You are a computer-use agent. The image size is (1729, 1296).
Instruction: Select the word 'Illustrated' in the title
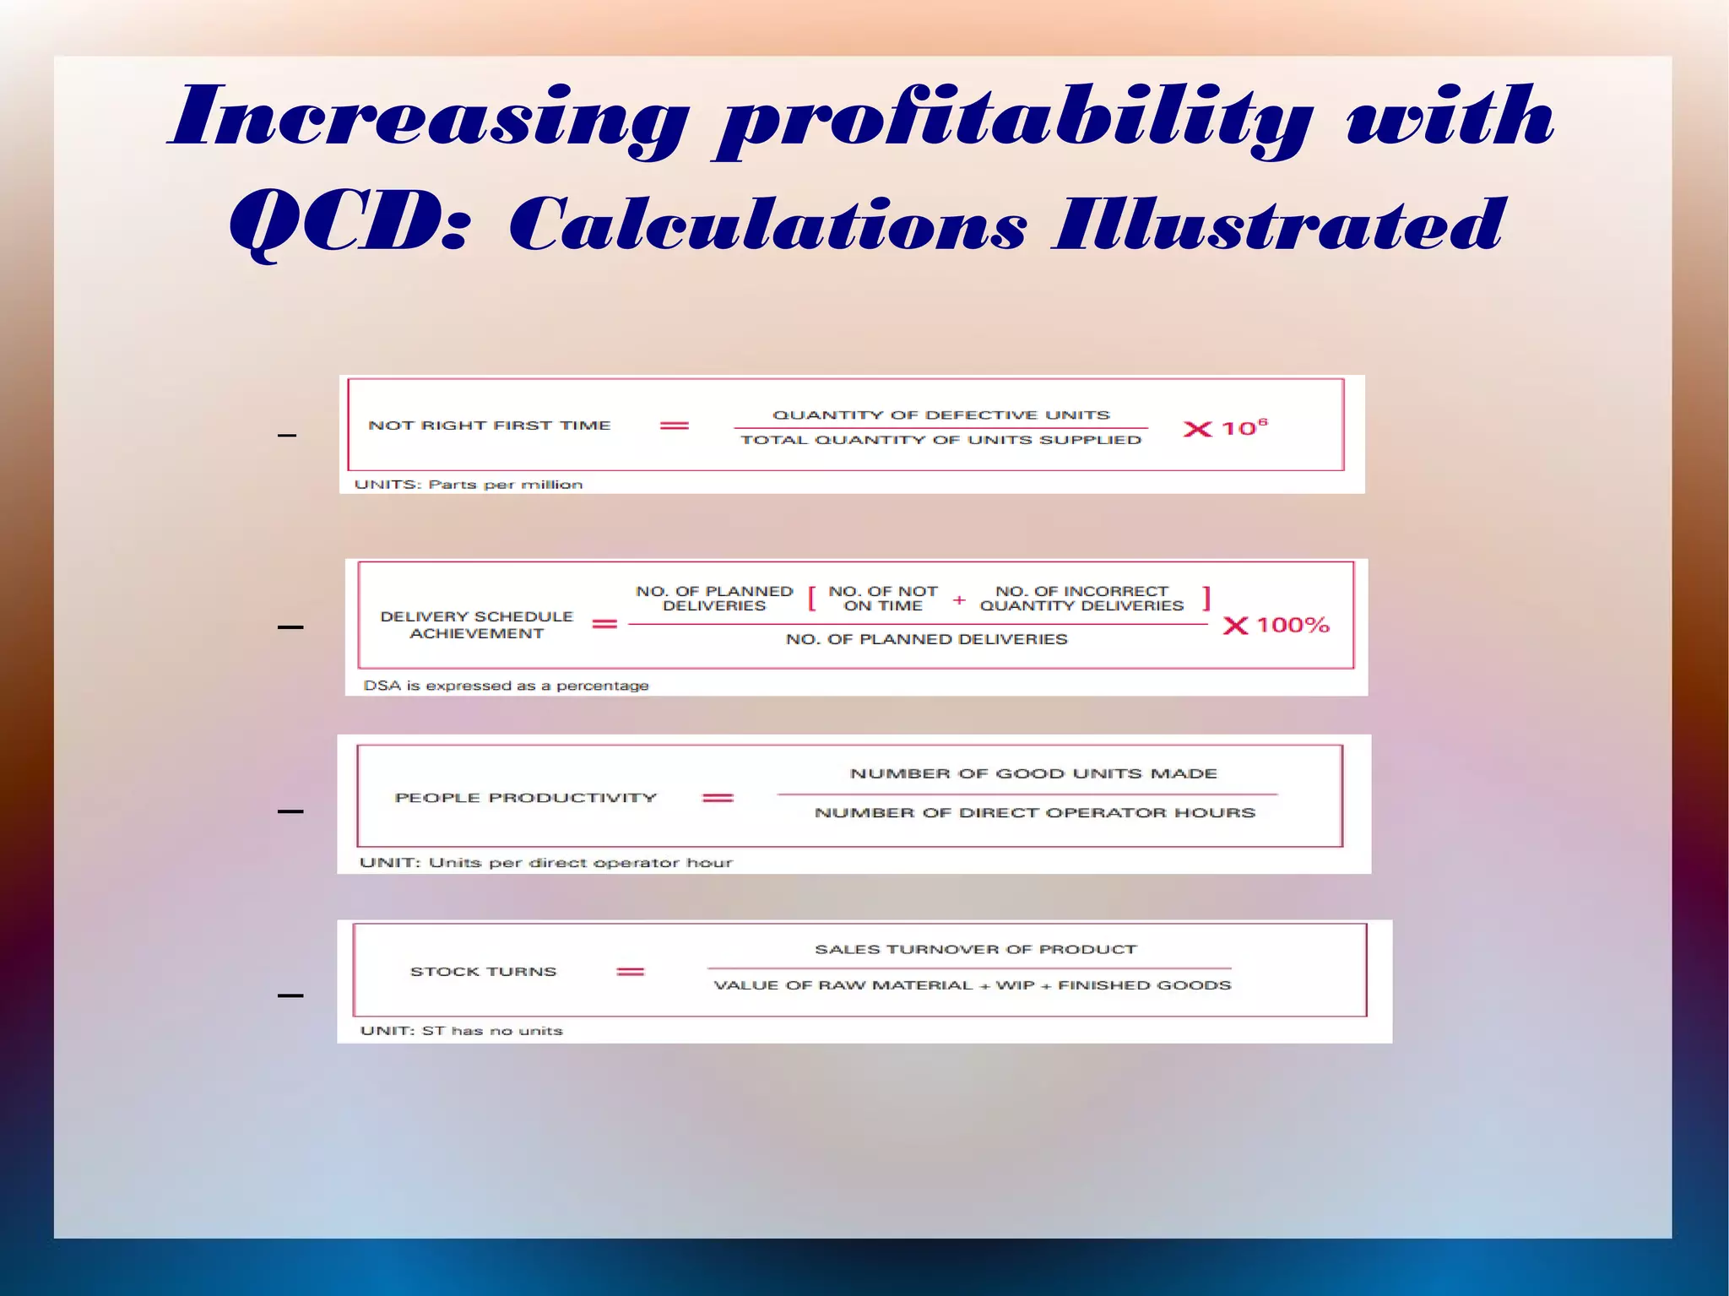[x=1279, y=224]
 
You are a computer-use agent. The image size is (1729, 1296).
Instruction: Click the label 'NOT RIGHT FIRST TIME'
[x=489, y=426]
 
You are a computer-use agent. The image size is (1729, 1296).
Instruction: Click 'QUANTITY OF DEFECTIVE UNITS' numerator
[x=940, y=415]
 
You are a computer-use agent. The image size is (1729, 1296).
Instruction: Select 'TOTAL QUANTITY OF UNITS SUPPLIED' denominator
[x=940, y=440]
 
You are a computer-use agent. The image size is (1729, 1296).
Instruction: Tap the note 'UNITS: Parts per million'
[x=468, y=485]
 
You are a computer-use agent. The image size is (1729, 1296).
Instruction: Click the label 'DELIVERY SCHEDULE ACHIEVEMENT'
[x=476, y=625]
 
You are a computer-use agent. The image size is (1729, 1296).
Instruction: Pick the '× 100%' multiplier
[x=1276, y=626]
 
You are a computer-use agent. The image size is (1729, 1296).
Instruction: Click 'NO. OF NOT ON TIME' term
[x=882, y=599]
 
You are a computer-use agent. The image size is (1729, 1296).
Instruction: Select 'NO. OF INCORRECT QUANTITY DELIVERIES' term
[x=1081, y=599]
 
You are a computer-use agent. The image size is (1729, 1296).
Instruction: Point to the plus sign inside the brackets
[x=959, y=599]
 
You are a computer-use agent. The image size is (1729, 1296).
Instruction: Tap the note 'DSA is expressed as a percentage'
[x=506, y=686]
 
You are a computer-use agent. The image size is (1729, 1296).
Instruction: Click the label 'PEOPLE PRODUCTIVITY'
[x=525, y=798]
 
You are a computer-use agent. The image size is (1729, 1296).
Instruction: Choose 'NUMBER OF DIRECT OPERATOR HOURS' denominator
[x=1034, y=813]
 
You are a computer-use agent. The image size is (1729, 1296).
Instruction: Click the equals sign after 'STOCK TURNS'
[x=631, y=972]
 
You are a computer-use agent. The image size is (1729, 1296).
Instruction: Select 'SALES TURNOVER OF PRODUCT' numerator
[x=975, y=950]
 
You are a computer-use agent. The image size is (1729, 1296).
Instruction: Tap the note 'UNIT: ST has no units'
[x=461, y=1031]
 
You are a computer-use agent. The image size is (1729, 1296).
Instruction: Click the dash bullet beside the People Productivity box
[x=290, y=811]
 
